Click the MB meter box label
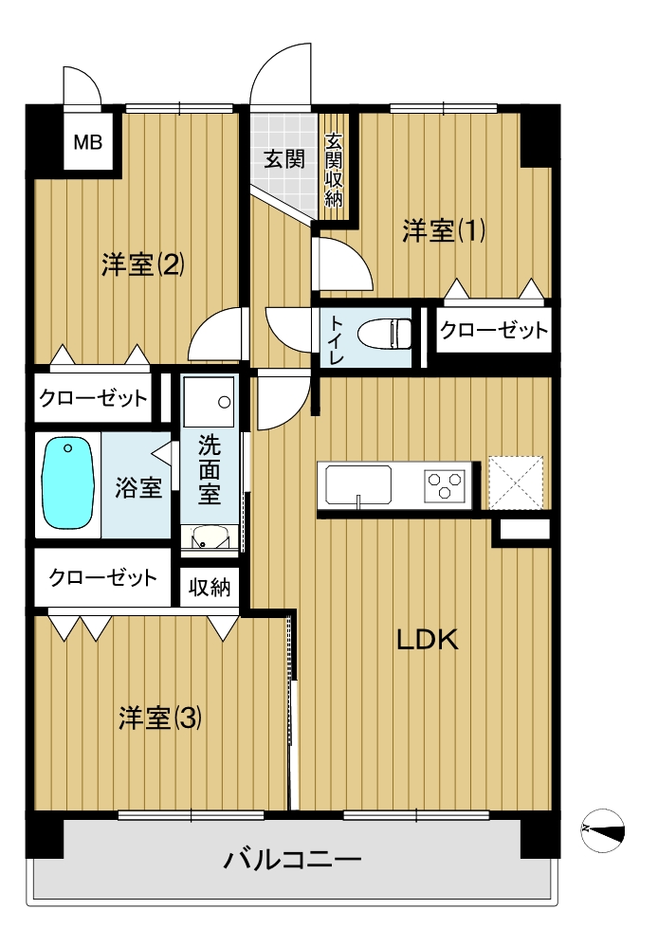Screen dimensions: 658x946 tap(88, 142)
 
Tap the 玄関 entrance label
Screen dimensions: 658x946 tap(284, 159)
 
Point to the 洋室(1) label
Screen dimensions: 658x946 tap(444, 230)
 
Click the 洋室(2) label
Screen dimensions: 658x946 tap(143, 264)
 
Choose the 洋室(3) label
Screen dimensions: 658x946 tap(160, 718)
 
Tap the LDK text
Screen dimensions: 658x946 tap(428, 640)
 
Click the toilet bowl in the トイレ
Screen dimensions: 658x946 tap(385, 333)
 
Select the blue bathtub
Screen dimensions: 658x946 tap(67, 483)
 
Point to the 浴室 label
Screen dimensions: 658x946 tap(138, 487)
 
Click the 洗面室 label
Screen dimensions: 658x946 tap(210, 470)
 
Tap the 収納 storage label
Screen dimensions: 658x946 tap(210, 587)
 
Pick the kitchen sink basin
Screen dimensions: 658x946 tap(358, 485)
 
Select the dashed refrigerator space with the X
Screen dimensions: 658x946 tap(516, 482)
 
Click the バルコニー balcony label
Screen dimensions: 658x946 tap(292, 859)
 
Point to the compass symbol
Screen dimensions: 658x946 tap(602, 830)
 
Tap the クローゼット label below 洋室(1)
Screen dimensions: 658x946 tap(494, 330)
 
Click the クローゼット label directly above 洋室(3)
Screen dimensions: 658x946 tap(102, 577)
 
